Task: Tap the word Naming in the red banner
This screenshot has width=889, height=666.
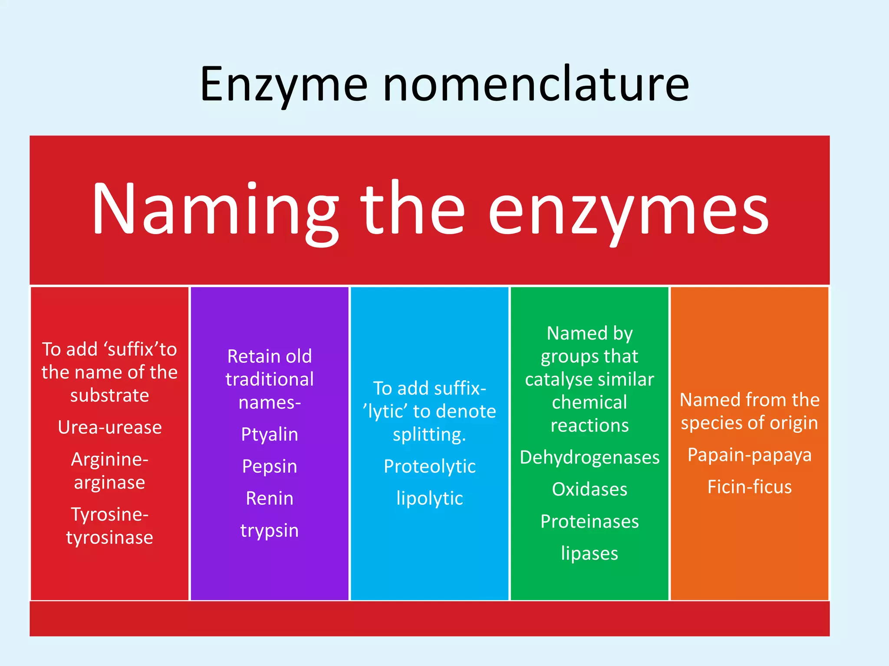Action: tap(215, 210)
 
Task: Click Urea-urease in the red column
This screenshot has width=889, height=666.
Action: tap(110, 428)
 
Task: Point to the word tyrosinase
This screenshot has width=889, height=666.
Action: tap(110, 538)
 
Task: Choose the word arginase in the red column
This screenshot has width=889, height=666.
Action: tap(110, 483)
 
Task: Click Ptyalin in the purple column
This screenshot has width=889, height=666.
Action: tap(270, 434)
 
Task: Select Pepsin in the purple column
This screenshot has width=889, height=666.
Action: tap(270, 467)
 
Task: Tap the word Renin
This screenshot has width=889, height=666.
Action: tap(270, 499)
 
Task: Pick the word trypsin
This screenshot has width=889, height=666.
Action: tap(270, 531)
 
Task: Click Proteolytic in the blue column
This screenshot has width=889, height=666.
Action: tap(430, 467)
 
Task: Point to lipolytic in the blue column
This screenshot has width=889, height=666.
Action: tap(430, 499)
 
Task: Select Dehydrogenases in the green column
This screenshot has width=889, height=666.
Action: tap(589, 457)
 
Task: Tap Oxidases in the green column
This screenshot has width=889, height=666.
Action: tap(589, 490)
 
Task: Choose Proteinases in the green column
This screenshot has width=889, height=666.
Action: tap(589, 522)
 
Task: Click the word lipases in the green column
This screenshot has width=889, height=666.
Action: tap(589, 554)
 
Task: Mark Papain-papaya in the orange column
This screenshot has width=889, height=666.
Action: tap(750, 455)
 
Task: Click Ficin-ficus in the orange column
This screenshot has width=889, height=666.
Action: tap(750, 487)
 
